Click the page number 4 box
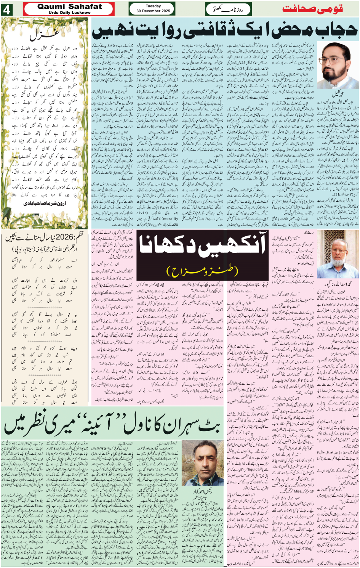(6, 10)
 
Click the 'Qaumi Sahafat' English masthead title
(69, 6)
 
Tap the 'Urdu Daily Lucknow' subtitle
(69, 13)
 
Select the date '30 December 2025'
(153, 11)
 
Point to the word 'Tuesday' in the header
(153, 6)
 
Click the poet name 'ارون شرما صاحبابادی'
(45, 203)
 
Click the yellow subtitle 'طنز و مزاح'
(202, 271)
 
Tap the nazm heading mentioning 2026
(44, 239)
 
